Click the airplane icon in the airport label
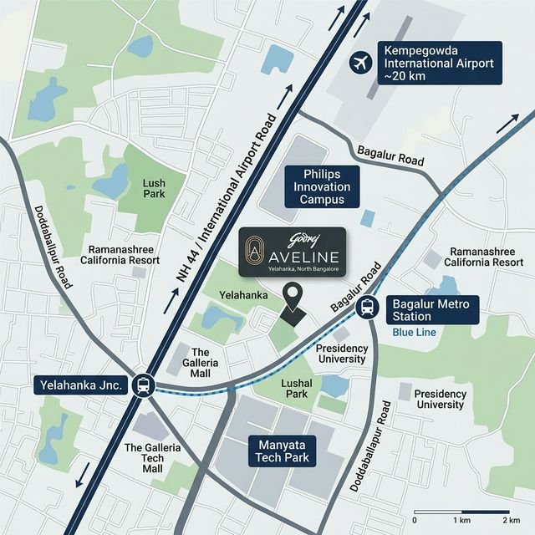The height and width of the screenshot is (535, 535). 361,62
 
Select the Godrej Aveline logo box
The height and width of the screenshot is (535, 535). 292,251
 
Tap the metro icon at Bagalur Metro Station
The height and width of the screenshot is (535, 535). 367,307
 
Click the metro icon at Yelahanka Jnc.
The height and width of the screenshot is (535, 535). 143,385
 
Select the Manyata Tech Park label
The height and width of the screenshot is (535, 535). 283,450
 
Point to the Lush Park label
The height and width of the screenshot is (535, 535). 154,188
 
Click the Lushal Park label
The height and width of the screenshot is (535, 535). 297,387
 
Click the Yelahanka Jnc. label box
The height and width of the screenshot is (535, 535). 82,385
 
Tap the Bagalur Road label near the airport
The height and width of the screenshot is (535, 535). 390,156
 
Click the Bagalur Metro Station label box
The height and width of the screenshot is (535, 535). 432,309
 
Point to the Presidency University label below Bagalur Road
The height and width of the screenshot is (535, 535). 341,353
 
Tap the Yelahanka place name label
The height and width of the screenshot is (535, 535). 242,295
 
